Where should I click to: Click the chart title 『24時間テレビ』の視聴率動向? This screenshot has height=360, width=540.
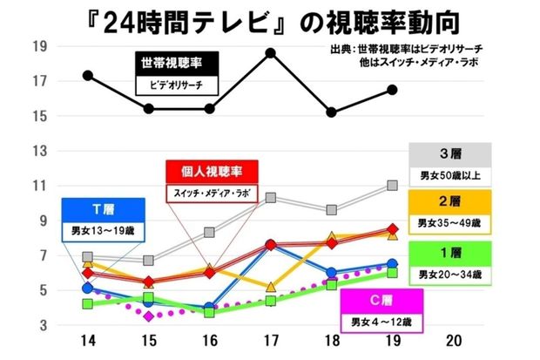tap(269, 19)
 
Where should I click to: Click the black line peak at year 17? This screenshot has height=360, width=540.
tap(271, 53)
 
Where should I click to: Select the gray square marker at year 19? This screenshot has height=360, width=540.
tap(392, 186)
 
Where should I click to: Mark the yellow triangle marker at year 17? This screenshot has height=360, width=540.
tap(271, 287)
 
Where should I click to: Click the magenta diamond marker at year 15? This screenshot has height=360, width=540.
tap(149, 316)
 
